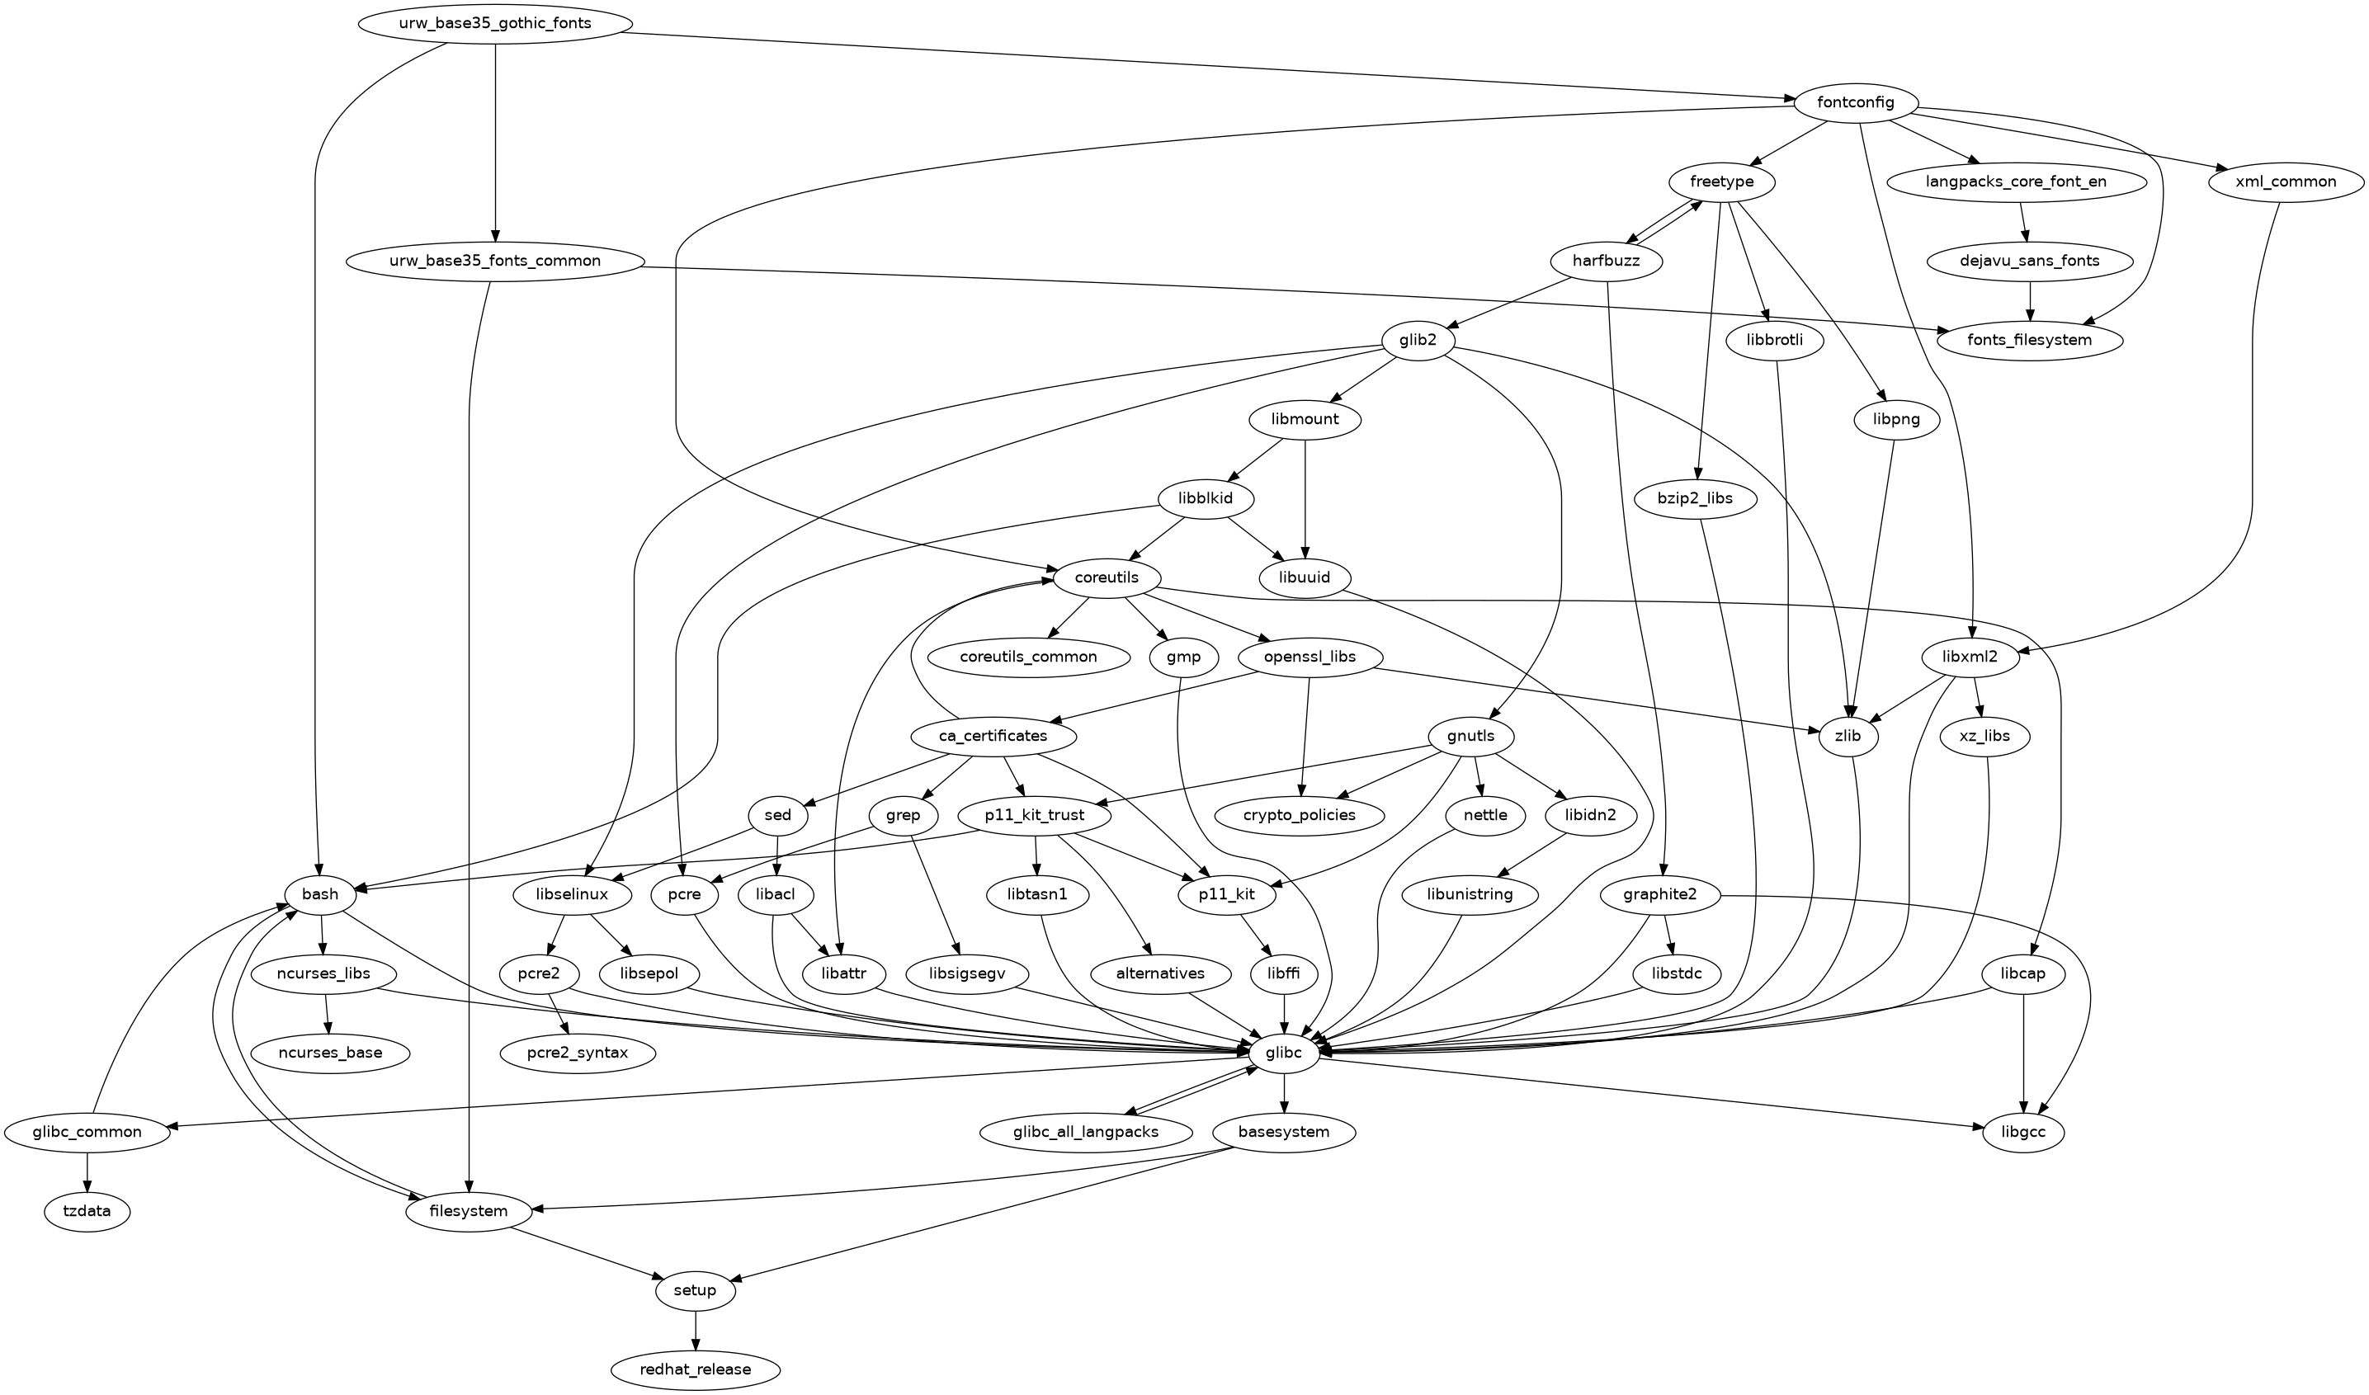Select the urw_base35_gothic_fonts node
[x=494, y=22]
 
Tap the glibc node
[x=1284, y=1053]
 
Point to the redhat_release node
[x=696, y=1369]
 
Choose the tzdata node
[x=87, y=1211]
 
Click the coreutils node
[x=1108, y=577]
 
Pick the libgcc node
[x=2024, y=1133]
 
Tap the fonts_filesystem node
[x=2030, y=339]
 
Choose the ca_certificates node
[x=993, y=735]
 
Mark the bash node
[x=320, y=894]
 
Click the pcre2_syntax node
[x=578, y=1053]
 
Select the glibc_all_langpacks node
[x=1085, y=1132]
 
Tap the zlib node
[x=1848, y=735]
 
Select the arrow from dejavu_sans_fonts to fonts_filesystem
[x=2030, y=299]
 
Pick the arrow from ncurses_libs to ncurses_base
[x=326, y=1013]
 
